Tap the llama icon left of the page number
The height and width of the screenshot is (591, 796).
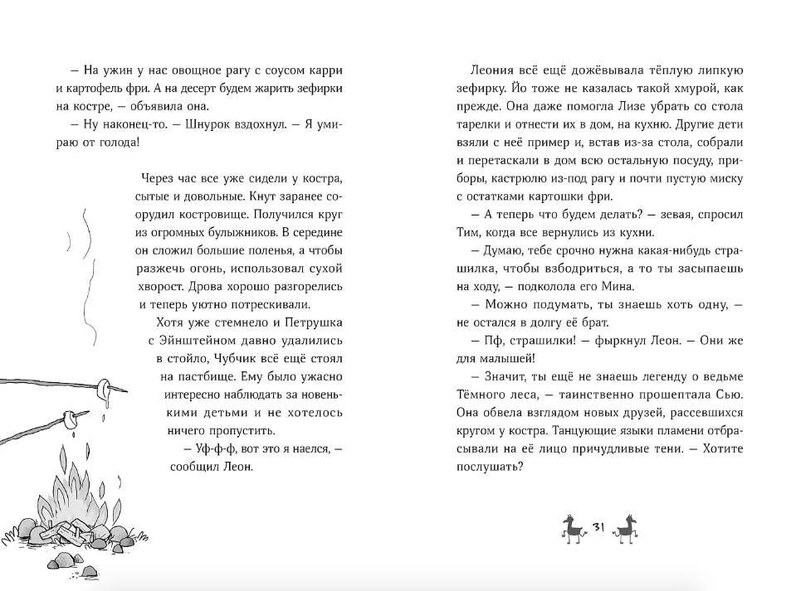[x=574, y=527]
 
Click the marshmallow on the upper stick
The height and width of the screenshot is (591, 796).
[x=104, y=388]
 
